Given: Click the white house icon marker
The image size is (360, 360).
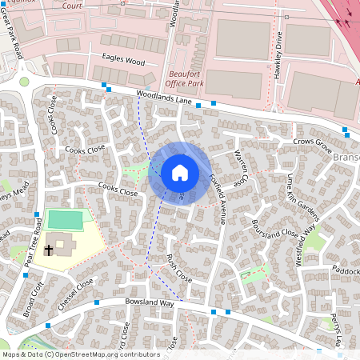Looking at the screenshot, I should coord(180,173).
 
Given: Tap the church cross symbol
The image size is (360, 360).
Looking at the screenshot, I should coord(48,250).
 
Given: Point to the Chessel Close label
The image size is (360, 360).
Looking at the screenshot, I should coord(75,294).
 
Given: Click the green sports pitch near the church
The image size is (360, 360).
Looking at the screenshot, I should coord(64,218).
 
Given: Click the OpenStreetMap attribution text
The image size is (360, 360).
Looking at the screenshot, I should coord(81,354).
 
